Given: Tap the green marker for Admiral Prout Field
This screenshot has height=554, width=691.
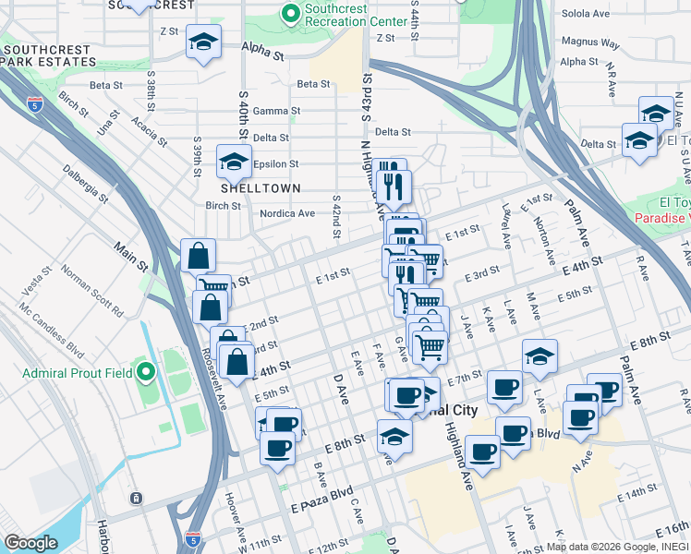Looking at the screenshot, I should pos(146,373).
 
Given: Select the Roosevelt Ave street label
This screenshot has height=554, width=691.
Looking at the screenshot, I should pos(216,379).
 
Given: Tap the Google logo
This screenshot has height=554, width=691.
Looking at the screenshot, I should pos(30,543).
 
